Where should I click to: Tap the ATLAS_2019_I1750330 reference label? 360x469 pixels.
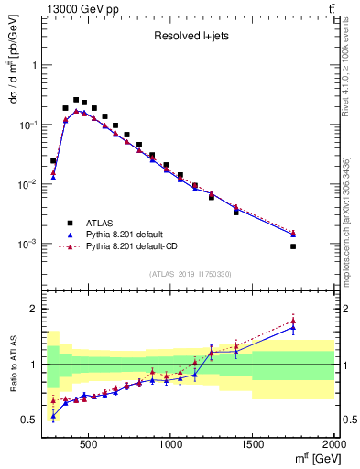tap(191, 274)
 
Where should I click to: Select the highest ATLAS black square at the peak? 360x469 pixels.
tap(76, 100)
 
